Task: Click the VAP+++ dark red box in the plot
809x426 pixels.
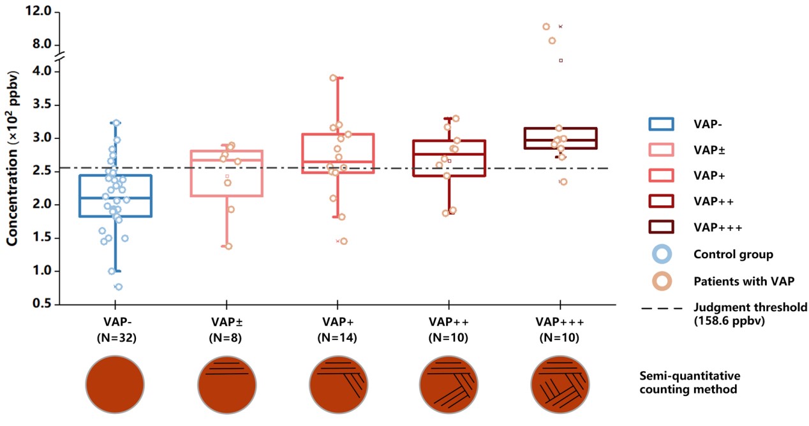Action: point(561,138)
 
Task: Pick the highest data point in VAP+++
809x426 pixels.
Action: point(546,27)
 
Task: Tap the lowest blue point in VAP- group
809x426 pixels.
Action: point(119,287)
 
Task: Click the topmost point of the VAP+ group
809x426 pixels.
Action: point(333,78)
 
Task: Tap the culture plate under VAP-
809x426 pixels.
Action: point(116,385)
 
